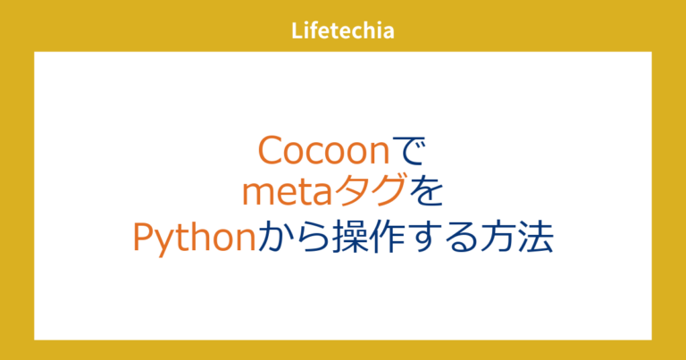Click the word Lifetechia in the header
click(x=343, y=31)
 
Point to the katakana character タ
click(x=352, y=194)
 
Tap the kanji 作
click(x=382, y=239)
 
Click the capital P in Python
click(x=144, y=239)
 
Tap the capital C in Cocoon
click(x=270, y=150)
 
